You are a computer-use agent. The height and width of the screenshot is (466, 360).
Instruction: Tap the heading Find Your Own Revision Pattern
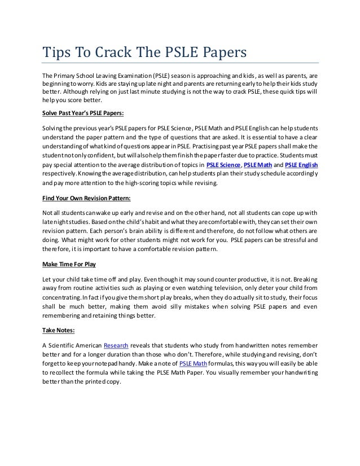click(87, 199)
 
